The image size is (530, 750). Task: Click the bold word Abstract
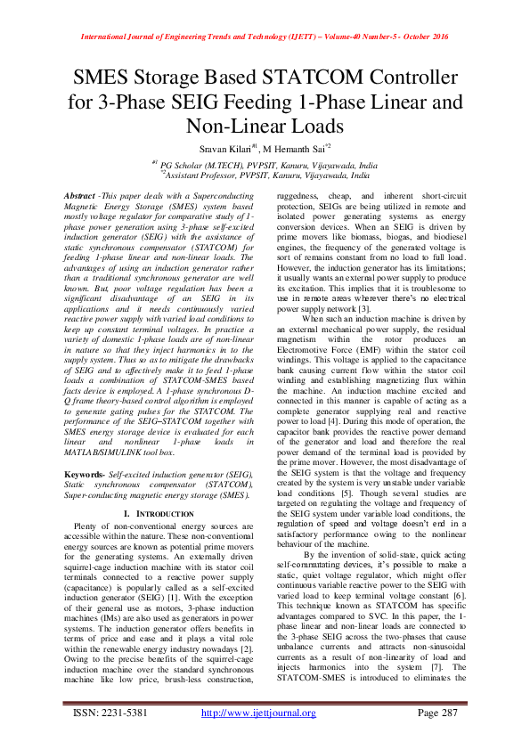tap(85, 193)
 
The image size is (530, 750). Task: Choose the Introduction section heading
tap(156, 514)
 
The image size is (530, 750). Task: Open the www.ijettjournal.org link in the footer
tap(258, 738)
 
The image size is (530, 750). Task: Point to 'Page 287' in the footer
tap(436, 738)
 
